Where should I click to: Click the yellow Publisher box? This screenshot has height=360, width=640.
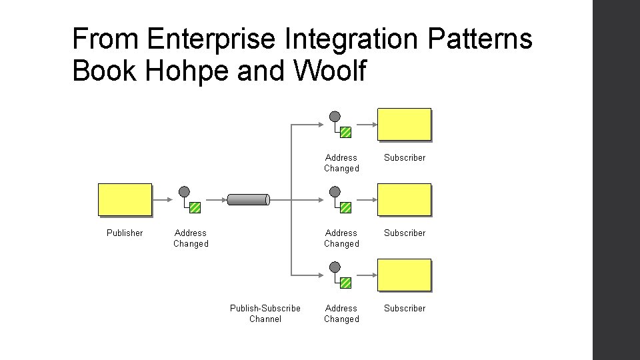click(125, 200)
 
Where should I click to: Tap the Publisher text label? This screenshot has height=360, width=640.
click(125, 233)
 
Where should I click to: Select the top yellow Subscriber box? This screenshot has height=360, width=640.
click(404, 125)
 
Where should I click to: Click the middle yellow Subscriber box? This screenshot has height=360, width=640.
click(404, 200)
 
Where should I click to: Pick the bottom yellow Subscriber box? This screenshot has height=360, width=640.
click(404, 275)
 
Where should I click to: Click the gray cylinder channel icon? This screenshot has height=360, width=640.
click(248, 199)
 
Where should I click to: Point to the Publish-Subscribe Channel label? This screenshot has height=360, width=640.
click(265, 313)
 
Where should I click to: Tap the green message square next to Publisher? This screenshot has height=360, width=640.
click(195, 207)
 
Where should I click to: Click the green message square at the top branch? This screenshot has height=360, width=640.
click(345, 132)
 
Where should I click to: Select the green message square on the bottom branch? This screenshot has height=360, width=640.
click(345, 283)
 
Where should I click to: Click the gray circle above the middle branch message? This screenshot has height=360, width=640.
click(335, 192)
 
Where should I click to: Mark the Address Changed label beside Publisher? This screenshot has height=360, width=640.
click(191, 238)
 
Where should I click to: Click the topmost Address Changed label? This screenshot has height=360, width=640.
click(341, 163)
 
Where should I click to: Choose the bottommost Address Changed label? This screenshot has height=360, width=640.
click(341, 313)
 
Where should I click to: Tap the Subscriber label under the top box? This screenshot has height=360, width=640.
click(404, 157)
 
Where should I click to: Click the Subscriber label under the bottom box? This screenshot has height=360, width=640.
click(404, 308)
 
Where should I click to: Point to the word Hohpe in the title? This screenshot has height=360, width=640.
click(175, 71)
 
